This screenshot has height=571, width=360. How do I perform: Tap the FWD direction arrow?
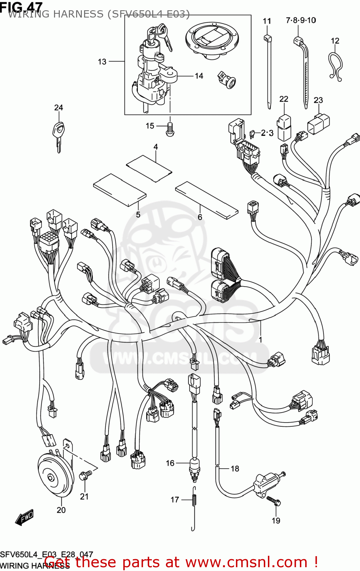tap(25, 518)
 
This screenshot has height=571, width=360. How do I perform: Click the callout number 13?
tap(102, 62)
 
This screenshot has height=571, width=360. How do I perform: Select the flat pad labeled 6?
tap(207, 199)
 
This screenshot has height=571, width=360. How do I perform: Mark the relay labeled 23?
tap(319, 123)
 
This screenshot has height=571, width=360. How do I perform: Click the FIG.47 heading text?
tap(21, 6)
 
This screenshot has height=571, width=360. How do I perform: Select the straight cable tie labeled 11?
tap(268, 70)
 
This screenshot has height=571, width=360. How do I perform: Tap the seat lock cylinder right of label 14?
tap(227, 80)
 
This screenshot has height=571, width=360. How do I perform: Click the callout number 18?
tap(235, 469)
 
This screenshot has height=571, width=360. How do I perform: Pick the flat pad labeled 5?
tap(120, 190)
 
